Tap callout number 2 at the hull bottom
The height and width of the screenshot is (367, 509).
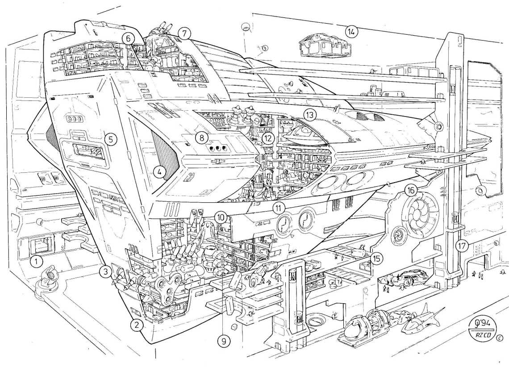(x=138, y=325)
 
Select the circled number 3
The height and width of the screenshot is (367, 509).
(x=105, y=271)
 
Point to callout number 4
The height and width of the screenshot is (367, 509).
(x=158, y=171)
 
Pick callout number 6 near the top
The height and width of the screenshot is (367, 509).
(x=128, y=38)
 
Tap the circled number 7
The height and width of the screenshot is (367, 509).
(x=184, y=33)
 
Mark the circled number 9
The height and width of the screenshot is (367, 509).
(x=222, y=341)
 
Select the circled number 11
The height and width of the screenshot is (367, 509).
(x=279, y=208)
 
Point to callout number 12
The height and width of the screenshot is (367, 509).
(x=268, y=138)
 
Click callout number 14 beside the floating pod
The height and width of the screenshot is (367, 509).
(x=352, y=31)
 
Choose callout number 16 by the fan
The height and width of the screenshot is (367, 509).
(x=411, y=190)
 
